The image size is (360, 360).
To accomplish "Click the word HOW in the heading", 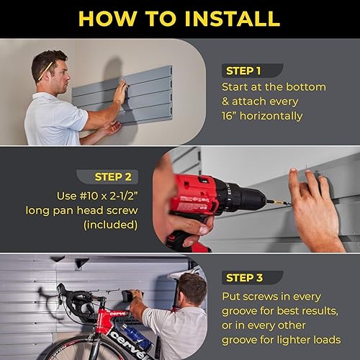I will coord(107,18).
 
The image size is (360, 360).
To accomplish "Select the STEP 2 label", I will coord(118,176).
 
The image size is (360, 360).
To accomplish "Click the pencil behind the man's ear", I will coord(47,68).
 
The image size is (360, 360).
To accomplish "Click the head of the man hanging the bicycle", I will coord(190,289).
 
